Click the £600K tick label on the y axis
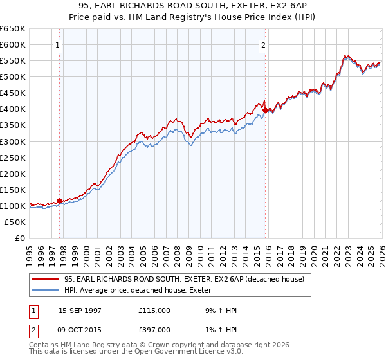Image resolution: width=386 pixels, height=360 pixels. [x=13, y=44]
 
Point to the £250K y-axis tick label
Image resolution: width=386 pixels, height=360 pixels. [x=13, y=157]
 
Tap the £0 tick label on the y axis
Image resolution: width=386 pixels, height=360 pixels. [x=20, y=238]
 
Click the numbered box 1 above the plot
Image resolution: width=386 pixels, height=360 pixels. [x=59, y=45]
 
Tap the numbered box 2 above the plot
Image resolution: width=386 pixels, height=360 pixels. [x=264, y=45]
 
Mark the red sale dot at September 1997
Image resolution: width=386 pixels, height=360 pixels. [x=60, y=201]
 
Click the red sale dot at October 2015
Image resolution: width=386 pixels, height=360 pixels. [x=265, y=110]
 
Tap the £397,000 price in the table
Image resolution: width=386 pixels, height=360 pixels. [x=154, y=330]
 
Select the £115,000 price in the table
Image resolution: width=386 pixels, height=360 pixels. [x=154, y=310]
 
